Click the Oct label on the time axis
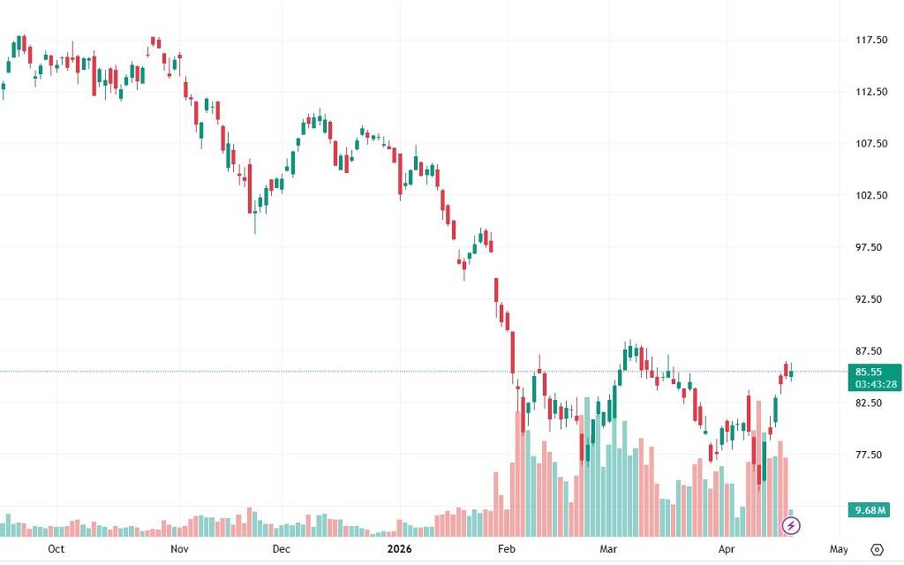[x=56, y=549]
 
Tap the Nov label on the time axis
[x=179, y=549]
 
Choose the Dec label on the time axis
[x=281, y=549]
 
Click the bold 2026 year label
[x=400, y=549]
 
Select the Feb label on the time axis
[x=507, y=549]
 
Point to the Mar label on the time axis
[x=608, y=549]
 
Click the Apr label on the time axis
[x=726, y=549]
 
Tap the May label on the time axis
[x=840, y=549]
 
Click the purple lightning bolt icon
[x=792, y=526]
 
